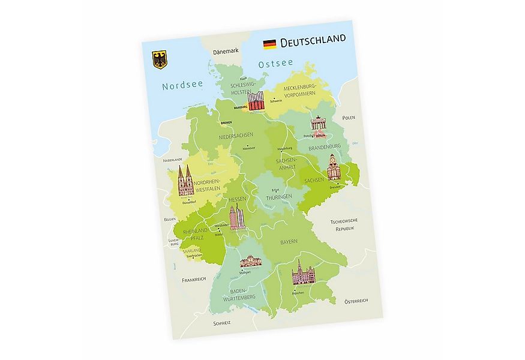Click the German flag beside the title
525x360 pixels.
click(x=269, y=43)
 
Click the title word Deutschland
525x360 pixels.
click(x=313, y=40)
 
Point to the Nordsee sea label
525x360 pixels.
click(x=182, y=86)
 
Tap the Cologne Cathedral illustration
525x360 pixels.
click(x=185, y=181)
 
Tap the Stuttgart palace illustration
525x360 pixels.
click(x=251, y=261)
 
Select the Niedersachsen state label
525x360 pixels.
click(x=236, y=136)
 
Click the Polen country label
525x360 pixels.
click(x=349, y=118)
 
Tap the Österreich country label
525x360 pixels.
click(x=355, y=300)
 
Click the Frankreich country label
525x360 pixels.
click(x=194, y=279)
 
